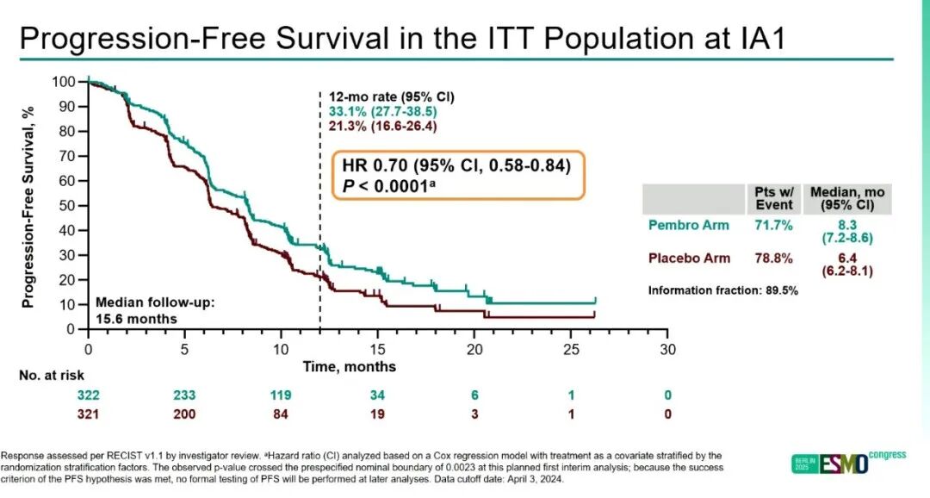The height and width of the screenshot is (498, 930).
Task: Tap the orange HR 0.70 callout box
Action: point(456,176)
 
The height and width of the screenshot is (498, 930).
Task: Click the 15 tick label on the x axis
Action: point(377,349)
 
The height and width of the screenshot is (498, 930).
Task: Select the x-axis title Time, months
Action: point(349,367)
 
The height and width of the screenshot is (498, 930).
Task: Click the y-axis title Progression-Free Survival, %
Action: point(28,204)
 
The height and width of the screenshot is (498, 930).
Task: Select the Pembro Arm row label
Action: point(688,226)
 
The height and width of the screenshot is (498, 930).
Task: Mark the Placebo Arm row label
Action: point(689,258)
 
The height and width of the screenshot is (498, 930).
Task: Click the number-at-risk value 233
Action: point(184,395)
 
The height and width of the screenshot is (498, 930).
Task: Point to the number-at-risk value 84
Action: point(281,414)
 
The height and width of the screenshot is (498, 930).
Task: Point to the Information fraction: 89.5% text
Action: point(722,290)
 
